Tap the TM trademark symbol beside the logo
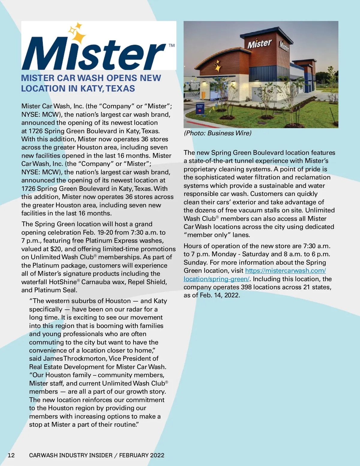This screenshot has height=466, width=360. (172, 46)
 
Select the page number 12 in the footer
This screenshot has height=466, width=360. (11, 455)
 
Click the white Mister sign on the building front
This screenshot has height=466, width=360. (259, 44)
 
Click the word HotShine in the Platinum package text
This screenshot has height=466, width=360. (63, 282)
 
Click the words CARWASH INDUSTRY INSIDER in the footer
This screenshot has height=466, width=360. (71, 455)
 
